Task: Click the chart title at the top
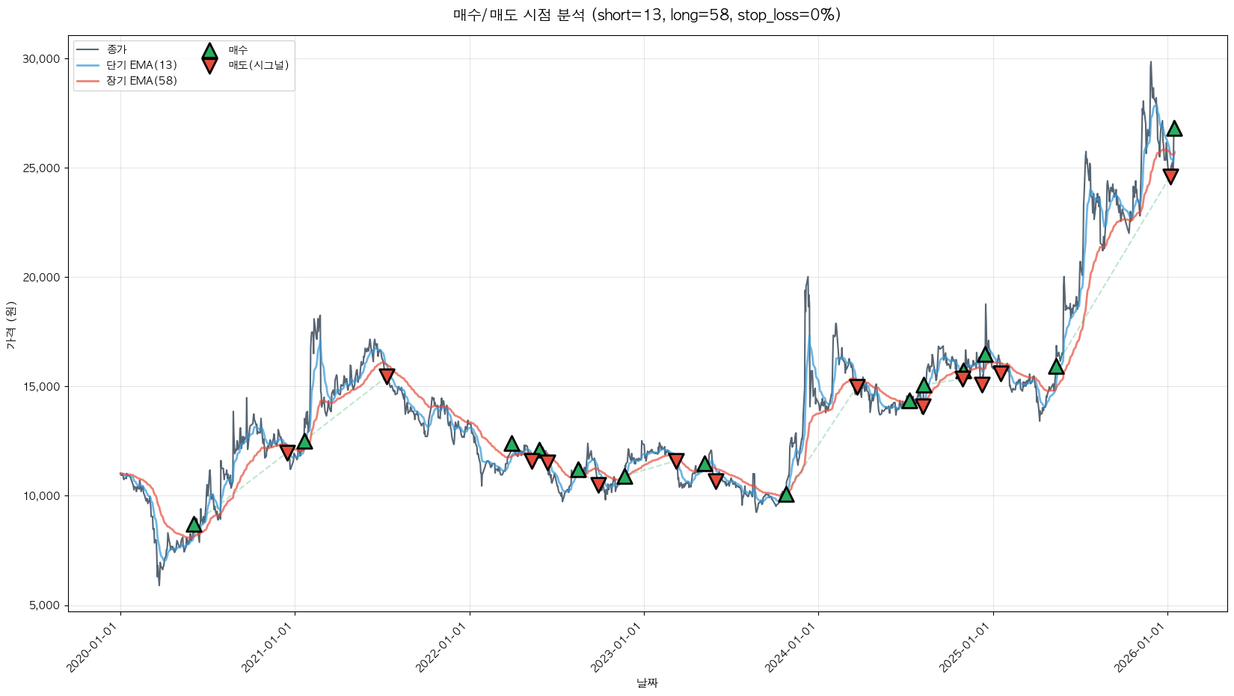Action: pyautogui.click(x=647, y=15)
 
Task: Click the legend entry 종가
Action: pyautogui.click(x=117, y=49)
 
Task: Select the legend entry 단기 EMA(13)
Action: pyautogui.click(x=141, y=65)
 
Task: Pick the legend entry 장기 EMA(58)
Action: pyautogui.click(x=141, y=81)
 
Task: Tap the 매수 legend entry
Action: pyautogui.click(x=238, y=50)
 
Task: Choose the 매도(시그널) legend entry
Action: pyautogui.click(x=258, y=65)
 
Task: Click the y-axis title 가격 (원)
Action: pyautogui.click(x=10, y=326)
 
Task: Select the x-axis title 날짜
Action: pyautogui.click(x=647, y=683)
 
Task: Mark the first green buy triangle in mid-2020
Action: pyautogui.click(x=194, y=525)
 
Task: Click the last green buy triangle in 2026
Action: pyautogui.click(x=1174, y=129)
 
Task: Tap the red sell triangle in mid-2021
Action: pyautogui.click(x=387, y=376)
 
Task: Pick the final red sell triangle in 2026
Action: pyautogui.click(x=1170, y=176)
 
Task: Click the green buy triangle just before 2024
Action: pyautogui.click(x=786, y=495)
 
